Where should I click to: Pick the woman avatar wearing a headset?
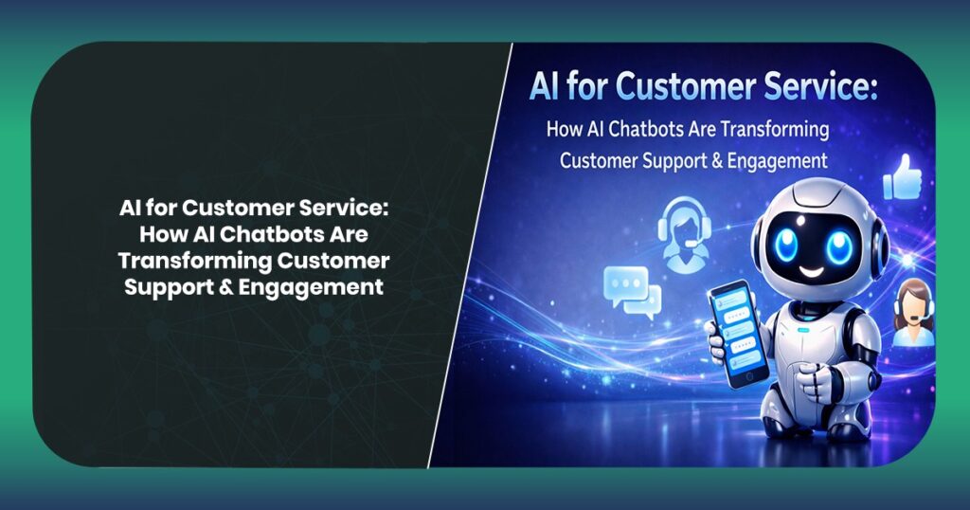912,313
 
